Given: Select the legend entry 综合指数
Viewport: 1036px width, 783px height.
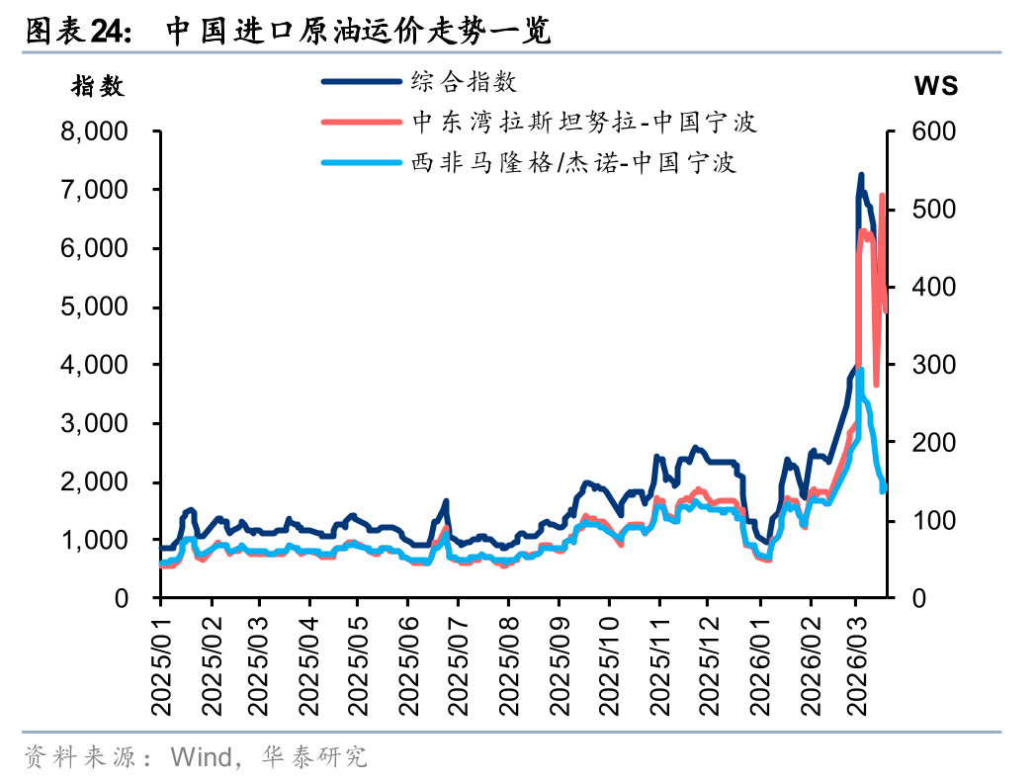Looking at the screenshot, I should pos(464,81).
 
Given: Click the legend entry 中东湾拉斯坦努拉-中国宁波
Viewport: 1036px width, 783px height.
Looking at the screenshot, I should pos(584,122).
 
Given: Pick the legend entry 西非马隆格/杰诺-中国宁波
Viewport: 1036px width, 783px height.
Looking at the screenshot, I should pos(573,162).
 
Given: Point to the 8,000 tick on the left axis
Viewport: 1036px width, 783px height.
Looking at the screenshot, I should pos(96,131).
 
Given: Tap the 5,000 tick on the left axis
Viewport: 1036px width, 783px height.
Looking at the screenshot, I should pos(96,306).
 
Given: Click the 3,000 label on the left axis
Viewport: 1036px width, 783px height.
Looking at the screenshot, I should pos(96,423).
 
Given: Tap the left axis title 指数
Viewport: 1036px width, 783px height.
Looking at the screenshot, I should pos(98,86).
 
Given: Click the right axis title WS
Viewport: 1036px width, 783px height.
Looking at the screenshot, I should pos(935,86).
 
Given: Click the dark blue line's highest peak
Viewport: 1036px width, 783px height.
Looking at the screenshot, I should pos(860,175).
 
